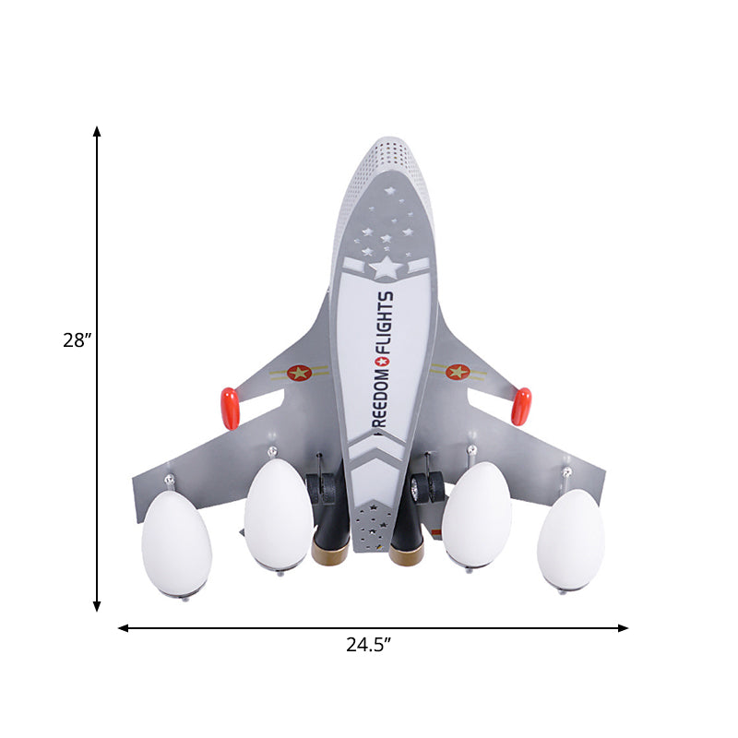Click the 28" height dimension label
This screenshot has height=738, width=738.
point(77,340)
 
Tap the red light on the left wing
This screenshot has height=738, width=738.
point(230,408)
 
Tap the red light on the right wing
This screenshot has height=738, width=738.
point(521,406)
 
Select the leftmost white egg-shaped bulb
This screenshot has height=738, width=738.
point(176,543)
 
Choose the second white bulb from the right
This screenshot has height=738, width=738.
point(476,514)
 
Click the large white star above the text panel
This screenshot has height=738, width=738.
point(386,268)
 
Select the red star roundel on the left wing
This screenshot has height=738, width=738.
point(298,373)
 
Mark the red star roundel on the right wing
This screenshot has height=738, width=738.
point(458,372)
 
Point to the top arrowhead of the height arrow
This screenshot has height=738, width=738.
point(97,132)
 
